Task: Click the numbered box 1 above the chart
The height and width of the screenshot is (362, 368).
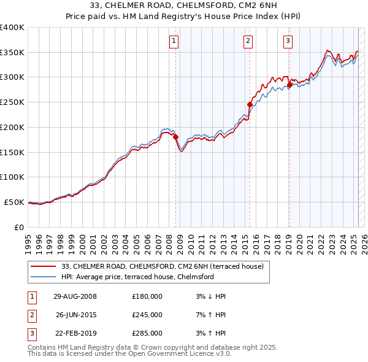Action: click(174, 41)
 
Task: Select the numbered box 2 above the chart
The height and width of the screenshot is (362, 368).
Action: click(248, 41)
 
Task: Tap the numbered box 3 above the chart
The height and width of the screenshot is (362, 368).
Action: click(288, 41)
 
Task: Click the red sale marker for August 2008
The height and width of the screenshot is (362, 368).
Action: click(175, 137)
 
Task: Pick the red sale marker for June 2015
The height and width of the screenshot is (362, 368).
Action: click(250, 105)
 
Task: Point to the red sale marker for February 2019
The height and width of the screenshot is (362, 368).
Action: click(289, 85)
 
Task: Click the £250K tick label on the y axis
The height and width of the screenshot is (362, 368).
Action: click(12, 102)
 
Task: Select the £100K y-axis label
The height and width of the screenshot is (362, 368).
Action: click(12, 177)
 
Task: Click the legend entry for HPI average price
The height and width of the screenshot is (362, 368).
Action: click(137, 277)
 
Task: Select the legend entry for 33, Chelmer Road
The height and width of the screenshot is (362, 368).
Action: click(162, 266)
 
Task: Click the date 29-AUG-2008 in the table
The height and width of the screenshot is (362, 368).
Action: click(75, 296)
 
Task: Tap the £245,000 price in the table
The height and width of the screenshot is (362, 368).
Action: click(147, 315)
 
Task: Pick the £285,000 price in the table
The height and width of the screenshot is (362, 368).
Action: click(147, 333)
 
